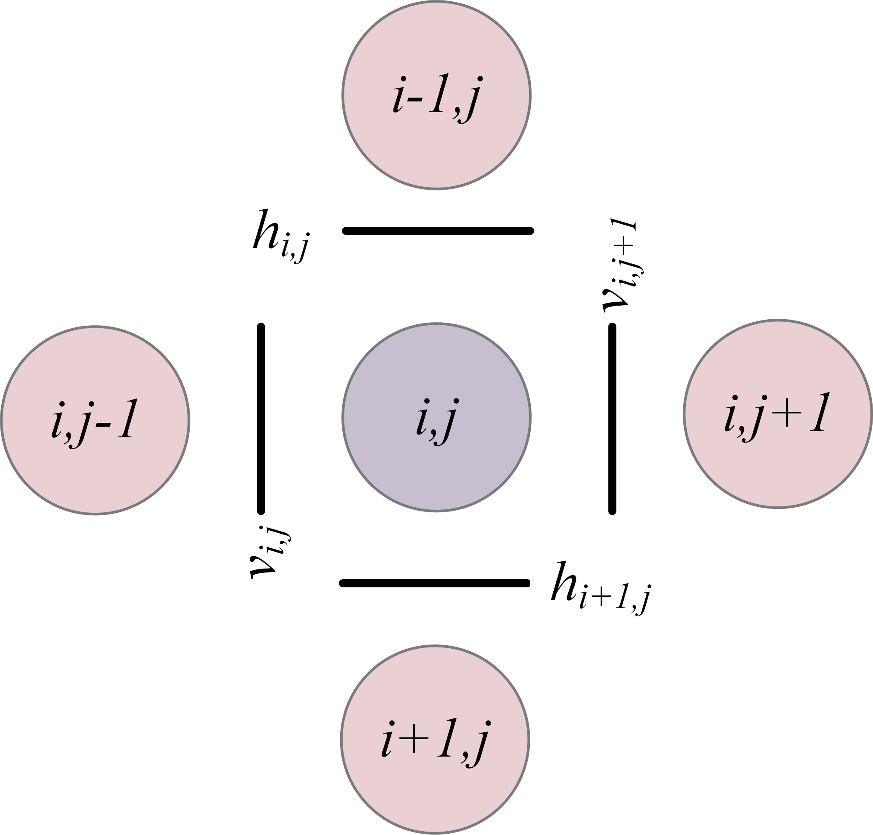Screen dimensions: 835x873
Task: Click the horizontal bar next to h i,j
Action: [438, 231]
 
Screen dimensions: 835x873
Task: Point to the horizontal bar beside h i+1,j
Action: [434, 583]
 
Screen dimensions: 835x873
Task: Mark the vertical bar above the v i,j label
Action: [261, 419]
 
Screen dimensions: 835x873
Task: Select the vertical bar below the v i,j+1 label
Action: [612, 419]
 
